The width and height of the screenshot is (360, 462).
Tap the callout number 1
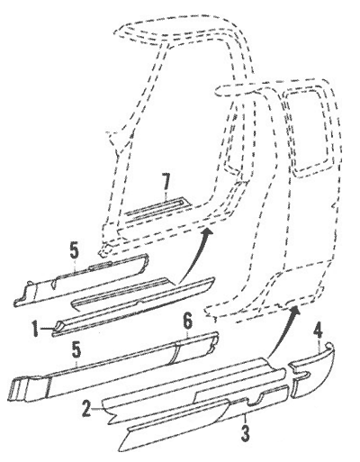point(35,329)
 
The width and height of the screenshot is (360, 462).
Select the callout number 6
point(187,323)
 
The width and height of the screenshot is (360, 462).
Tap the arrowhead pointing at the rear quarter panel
point(296,312)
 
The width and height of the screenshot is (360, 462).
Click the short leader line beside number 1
point(47,330)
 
